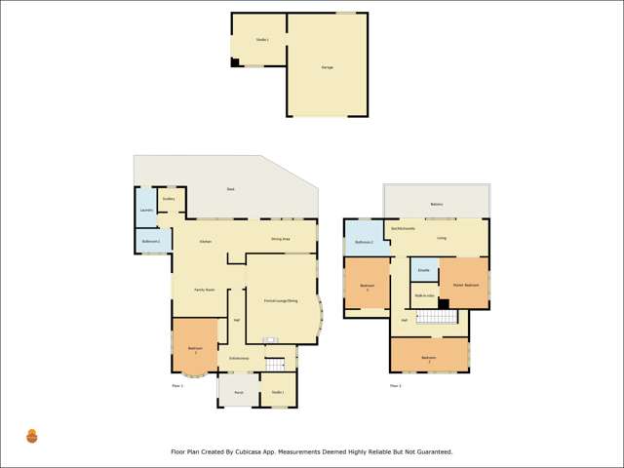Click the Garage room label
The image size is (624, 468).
327,67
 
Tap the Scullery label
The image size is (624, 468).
169,199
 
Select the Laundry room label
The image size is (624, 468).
145,210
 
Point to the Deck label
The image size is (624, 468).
230,189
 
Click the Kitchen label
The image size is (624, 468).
206,241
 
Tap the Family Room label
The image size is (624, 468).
204,290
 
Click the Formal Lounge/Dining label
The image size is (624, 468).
281,301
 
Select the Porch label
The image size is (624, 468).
238,392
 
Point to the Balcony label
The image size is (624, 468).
437,205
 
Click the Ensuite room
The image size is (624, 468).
424,269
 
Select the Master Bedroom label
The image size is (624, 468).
464,285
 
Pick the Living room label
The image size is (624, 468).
442,237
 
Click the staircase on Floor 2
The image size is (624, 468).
436,317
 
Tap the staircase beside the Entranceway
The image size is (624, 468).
275,365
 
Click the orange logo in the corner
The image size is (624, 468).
32,436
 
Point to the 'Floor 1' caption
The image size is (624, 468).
177,386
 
